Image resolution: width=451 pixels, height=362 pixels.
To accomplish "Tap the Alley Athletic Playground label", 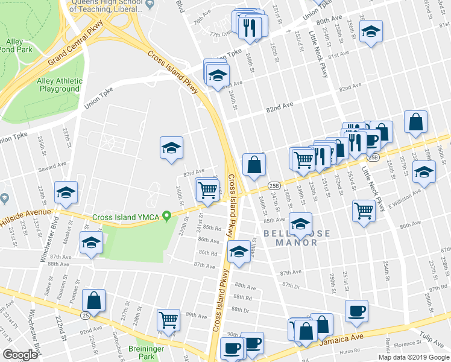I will pos(60,85).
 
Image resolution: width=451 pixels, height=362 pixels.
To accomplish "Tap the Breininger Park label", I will pos(145,353).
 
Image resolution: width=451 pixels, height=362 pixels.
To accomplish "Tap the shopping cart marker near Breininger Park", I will pos(168,319).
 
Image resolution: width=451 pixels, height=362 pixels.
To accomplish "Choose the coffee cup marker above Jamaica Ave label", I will pos(356,310).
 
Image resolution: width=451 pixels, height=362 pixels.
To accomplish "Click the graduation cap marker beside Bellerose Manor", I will pos(300,223).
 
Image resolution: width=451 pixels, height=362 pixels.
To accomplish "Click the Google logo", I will pos(20,354).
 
